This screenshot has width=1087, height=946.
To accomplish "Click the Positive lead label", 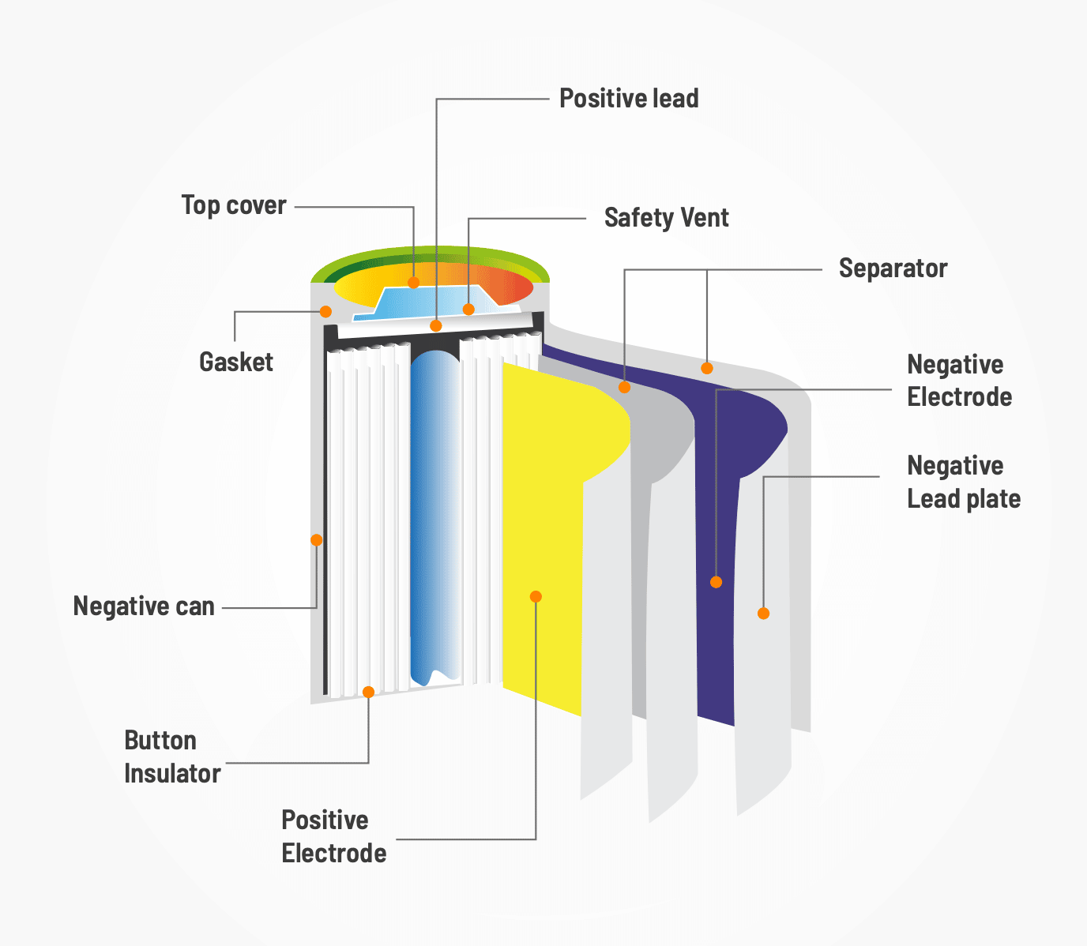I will [629, 99].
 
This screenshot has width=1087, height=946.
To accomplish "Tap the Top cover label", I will [234, 205].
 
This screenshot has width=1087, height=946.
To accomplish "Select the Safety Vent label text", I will [666, 218].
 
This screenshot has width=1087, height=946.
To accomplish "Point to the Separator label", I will [893, 268].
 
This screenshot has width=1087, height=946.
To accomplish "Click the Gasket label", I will [236, 362].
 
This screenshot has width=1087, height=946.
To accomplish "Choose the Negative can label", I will [144, 606].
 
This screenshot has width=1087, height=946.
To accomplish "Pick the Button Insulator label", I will [172, 757].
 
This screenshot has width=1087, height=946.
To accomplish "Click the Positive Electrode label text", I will [333, 837].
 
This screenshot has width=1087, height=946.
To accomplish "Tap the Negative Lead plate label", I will [963, 482].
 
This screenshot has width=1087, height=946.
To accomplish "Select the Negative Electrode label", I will [959, 381].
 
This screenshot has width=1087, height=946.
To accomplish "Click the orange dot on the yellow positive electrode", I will [536, 596].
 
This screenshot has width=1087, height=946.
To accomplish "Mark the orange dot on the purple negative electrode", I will [716, 582].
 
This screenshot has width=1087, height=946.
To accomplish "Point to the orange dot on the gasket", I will [325, 311].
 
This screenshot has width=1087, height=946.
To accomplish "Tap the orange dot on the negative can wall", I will [316, 540].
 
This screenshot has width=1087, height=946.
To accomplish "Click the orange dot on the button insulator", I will [368, 692].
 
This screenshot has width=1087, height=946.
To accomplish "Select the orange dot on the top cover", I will [413, 282].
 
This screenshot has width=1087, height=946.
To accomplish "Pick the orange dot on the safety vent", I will [468, 309].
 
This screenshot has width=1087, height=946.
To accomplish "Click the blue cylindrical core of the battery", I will [434, 513].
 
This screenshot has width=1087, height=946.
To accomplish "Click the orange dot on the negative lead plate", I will [763, 613].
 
